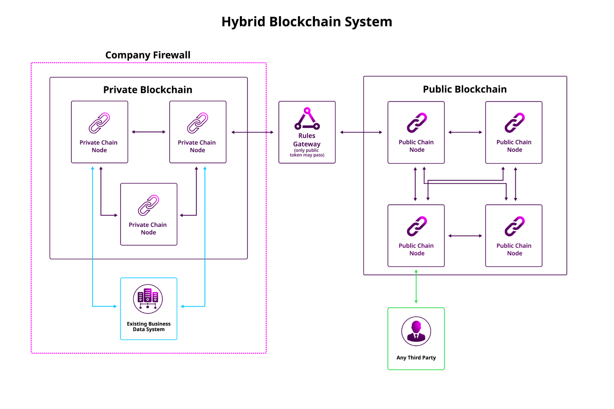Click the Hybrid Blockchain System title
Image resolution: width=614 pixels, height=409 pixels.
click(x=307, y=22)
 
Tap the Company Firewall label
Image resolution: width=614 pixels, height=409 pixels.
click(x=148, y=55)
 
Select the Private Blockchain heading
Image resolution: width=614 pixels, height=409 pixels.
click(x=148, y=90)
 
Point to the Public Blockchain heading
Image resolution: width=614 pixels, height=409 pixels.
click(x=464, y=89)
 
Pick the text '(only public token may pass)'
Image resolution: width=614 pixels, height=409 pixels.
click(x=307, y=153)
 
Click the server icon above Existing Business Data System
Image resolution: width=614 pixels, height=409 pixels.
click(x=148, y=299)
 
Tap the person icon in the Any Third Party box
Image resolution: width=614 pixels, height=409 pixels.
click(x=416, y=331)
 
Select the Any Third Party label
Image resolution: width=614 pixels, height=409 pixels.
click(x=416, y=358)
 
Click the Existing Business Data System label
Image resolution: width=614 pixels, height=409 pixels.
click(x=149, y=326)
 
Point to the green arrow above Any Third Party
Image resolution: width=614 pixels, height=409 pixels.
click(x=416, y=287)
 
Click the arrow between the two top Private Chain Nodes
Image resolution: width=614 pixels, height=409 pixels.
click(x=149, y=132)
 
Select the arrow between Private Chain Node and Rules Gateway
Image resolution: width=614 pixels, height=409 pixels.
click(x=253, y=132)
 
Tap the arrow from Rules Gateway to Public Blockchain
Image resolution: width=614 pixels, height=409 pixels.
click(x=361, y=132)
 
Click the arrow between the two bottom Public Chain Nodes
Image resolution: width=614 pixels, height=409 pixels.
click(x=465, y=236)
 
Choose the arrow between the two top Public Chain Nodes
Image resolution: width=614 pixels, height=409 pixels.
click(x=465, y=132)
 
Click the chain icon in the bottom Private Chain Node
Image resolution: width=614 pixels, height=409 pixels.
click(x=148, y=205)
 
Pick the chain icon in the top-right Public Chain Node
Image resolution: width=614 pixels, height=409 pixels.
click(x=515, y=122)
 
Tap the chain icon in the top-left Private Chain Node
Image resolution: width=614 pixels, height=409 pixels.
click(x=99, y=123)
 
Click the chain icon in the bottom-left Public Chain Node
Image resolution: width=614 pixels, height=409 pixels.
click(x=417, y=226)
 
